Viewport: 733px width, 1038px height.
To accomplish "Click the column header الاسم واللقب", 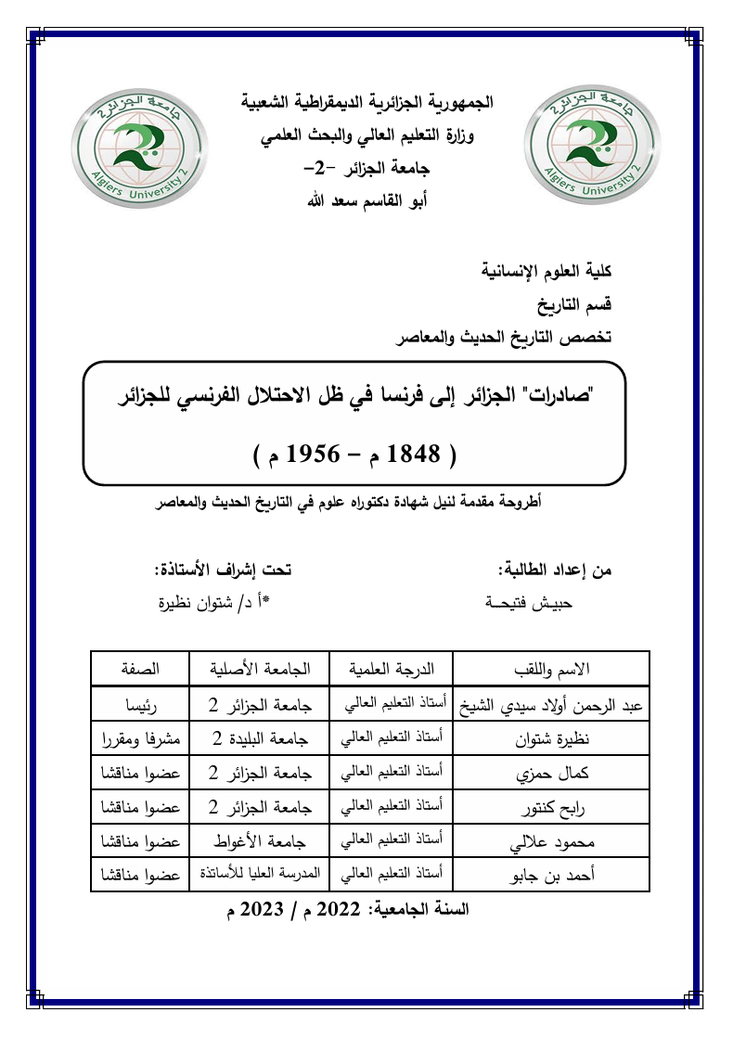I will click(550, 669).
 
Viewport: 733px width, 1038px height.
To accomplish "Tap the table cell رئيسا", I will click(139, 705).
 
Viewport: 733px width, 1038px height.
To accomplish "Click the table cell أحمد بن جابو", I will click(550, 875).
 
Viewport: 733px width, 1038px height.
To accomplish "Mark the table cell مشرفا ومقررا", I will click(139, 739).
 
